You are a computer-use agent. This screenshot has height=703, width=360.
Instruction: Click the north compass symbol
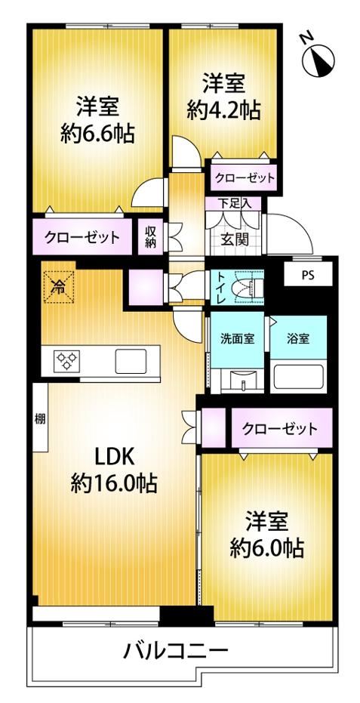point(318,60)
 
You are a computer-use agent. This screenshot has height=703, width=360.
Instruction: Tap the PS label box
point(308,274)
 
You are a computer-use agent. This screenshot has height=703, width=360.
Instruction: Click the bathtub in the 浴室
point(300,377)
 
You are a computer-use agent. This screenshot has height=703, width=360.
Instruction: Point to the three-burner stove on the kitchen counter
point(67,360)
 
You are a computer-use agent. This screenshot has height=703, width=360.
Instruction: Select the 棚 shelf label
point(39,420)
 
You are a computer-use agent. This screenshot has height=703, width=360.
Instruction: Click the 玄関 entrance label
point(234,240)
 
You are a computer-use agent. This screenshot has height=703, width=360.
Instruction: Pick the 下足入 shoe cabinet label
point(232,204)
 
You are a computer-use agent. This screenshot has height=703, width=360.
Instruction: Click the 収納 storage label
point(149,236)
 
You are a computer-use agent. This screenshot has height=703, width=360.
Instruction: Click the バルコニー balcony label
point(175,651)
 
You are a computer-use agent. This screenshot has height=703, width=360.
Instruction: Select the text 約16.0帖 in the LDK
point(113,484)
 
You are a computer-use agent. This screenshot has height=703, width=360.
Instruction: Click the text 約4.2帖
point(223,110)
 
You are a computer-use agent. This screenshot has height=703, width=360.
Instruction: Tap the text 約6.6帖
point(97,133)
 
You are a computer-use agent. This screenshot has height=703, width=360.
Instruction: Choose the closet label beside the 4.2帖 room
point(244,178)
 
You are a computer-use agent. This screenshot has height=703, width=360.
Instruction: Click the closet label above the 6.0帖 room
point(280,429)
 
